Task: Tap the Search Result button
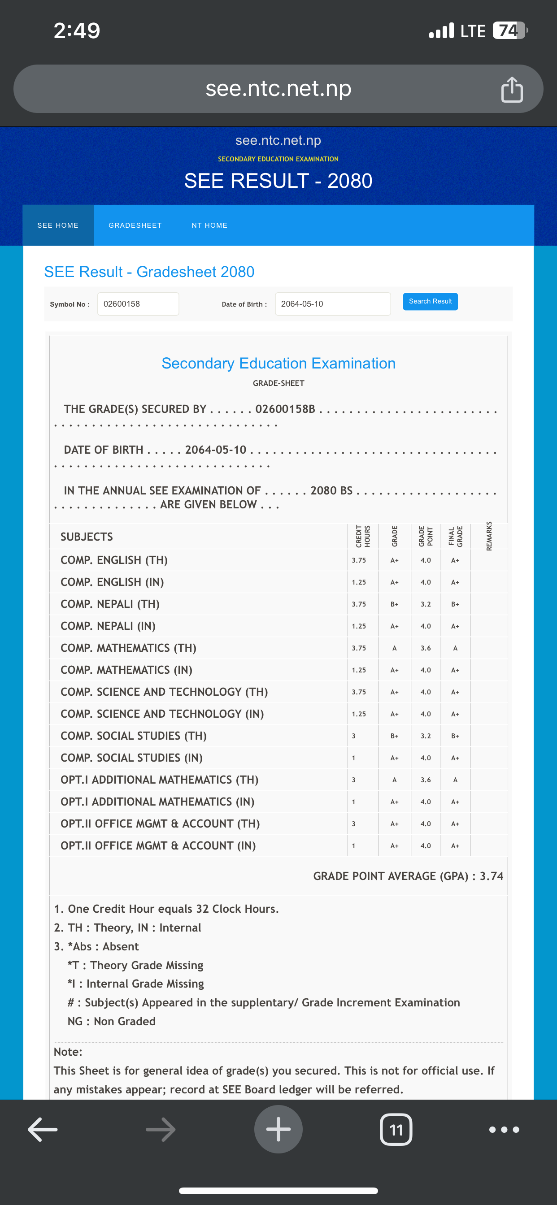[x=430, y=301]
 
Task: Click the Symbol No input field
[x=138, y=304]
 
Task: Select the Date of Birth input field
[x=332, y=304]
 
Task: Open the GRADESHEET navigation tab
[x=135, y=225]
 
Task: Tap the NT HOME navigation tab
[x=209, y=225]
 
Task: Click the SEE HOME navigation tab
[x=58, y=225]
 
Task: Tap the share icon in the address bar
[x=512, y=89]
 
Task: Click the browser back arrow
[x=43, y=1129]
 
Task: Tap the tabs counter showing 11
[x=396, y=1129]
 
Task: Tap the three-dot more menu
[x=504, y=1129]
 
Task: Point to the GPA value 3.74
[x=491, y=876]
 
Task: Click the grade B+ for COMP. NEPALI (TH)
[x=394, y=604]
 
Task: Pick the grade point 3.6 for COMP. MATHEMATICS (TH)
[x=426, y=648]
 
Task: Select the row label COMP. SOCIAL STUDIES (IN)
[x=131, y=758]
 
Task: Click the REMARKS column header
[x=489, y=536]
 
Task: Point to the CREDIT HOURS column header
[x=363, y=536]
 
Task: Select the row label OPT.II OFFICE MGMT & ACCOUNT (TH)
[x=160, y=824]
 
